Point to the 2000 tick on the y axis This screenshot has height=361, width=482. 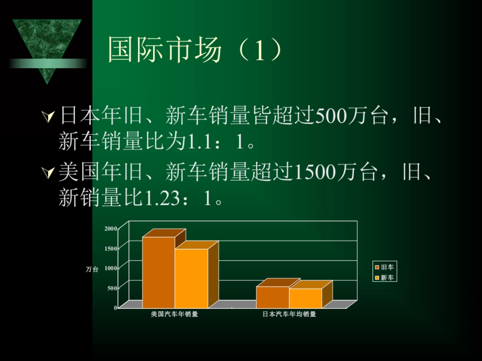(111, 228)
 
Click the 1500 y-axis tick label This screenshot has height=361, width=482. (111, 248)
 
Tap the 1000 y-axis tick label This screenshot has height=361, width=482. (111, 268)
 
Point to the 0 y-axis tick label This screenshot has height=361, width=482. (115, 308)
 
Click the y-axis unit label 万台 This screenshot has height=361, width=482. (92, 270)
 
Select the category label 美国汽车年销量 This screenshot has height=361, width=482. (174, 314)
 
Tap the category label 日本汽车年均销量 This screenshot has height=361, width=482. (289, 314)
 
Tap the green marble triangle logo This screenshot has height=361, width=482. (47, 44)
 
